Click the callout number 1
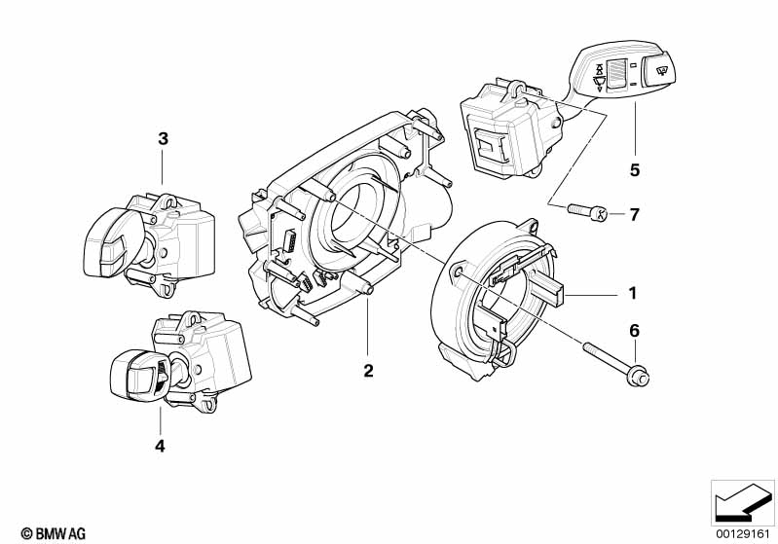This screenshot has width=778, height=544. (632, 293)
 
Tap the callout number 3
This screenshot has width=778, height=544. (164, 139)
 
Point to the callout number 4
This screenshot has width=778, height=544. (160, 447)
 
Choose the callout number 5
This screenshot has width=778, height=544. (634, 170)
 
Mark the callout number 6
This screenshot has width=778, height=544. (634, 331)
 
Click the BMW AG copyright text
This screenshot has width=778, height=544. (47, 532)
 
